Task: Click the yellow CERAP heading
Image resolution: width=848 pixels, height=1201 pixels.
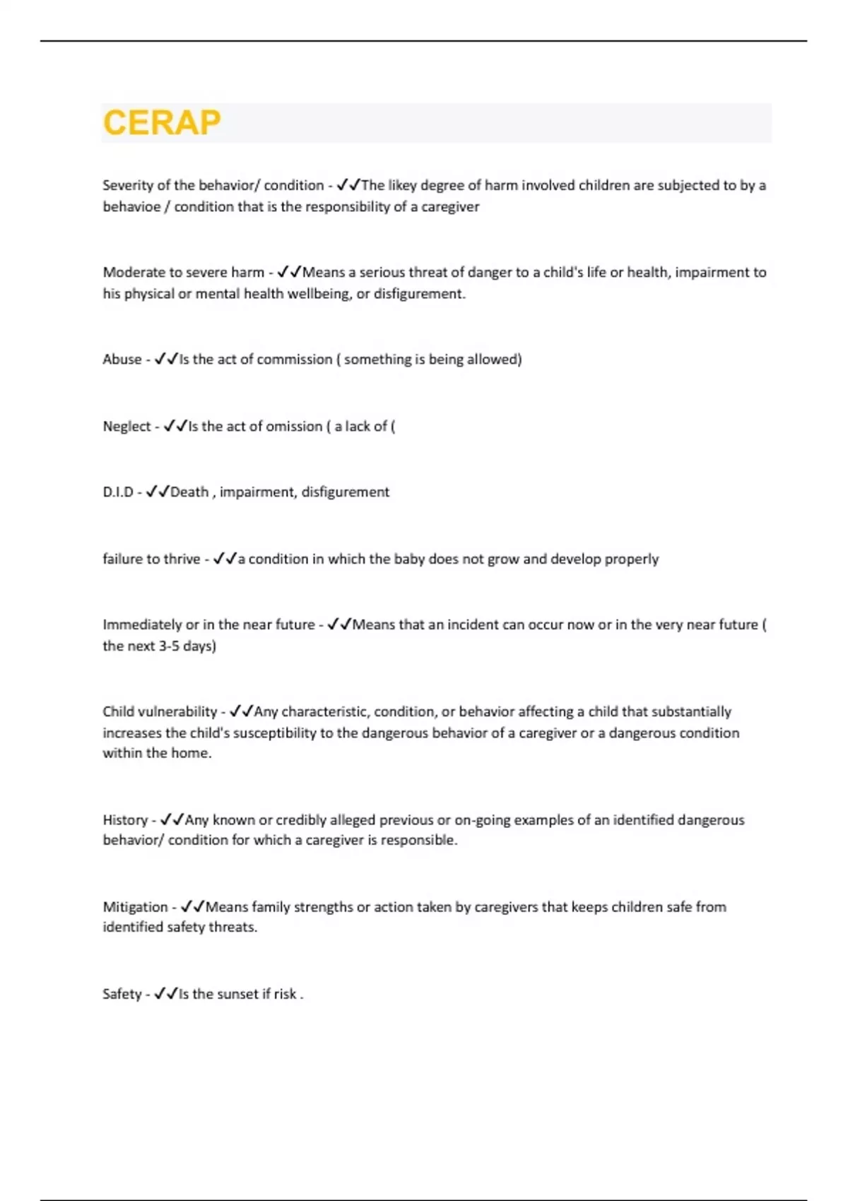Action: pos(162,123)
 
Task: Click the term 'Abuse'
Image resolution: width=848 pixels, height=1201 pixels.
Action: pos(122,359)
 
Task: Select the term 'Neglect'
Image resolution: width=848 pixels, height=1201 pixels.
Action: pos(126,426)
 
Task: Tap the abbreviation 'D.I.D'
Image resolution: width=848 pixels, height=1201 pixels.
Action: pos(118,492)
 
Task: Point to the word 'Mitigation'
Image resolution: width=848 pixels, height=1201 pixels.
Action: pos(135,906)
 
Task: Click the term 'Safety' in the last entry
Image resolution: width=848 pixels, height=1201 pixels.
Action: pos(122,993)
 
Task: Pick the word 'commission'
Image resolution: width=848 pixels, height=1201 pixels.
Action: pos(294,359)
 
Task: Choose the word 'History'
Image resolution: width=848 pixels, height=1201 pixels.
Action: pos(125,820)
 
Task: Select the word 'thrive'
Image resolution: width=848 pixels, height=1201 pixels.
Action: pos(182,559)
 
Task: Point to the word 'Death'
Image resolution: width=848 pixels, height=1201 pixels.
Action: pos(189,492)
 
